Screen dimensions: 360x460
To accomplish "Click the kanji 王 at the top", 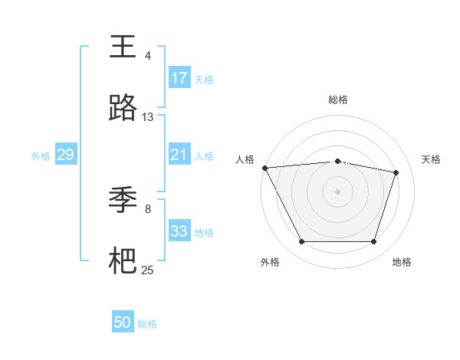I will pos(123,47).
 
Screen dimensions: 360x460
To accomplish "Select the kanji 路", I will pos(123,109).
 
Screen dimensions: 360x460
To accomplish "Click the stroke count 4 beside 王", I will pos(148,56).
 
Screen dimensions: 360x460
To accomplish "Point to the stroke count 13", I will pos(148,117).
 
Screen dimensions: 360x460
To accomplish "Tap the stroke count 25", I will pos(148,270).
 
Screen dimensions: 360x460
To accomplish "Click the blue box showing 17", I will pos(179,78).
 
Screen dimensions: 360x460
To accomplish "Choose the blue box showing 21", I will pos(179,155).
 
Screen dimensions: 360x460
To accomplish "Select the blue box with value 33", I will pos(179,231).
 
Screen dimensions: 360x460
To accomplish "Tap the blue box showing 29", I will pos(65,155).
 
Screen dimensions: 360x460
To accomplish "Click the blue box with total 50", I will pos(123,322).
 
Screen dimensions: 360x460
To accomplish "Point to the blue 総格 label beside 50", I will pos(147,324).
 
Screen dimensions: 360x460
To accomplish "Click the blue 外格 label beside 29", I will pos(41,156).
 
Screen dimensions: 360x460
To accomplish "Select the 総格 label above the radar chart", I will pos(337,100).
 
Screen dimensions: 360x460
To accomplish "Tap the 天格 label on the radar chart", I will pos(432,159).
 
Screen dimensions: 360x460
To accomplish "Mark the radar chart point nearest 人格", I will pos(264,168).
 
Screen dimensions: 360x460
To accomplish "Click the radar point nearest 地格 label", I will pos(373,242).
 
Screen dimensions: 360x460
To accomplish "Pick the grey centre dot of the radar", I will pos(337,191).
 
